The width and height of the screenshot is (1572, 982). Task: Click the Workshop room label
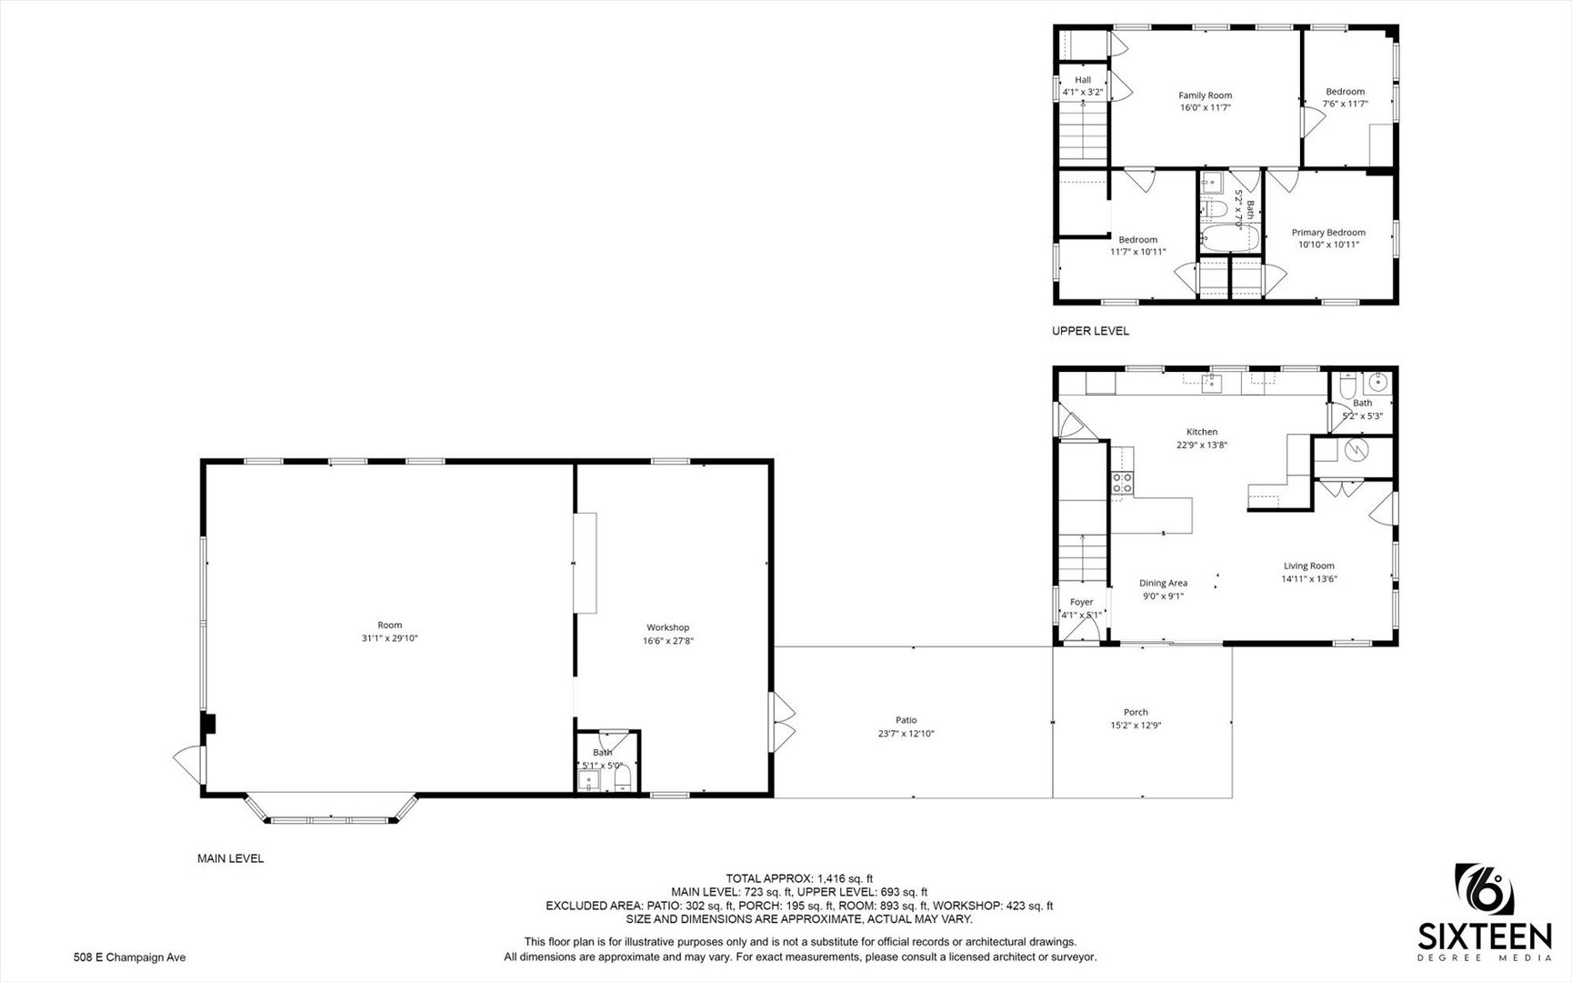[x=667, y=627]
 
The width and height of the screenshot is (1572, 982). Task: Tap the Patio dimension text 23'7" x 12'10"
[x=906, y=734]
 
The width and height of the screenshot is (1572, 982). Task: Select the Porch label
[x=1136, y=712]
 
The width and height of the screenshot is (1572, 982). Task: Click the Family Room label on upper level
[x=1205, y=95]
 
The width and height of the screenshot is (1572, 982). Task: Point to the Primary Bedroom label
[x=1328, y=233]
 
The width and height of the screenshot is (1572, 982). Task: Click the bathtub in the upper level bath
[x=1229, y=241]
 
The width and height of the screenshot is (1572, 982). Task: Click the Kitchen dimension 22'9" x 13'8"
[x=1202, y=445]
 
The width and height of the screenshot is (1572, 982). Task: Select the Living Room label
[x=1308, y=566]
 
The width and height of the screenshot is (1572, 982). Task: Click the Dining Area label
[x=1163, y=583]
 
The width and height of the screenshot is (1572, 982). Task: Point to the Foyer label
[x=1081, y=602]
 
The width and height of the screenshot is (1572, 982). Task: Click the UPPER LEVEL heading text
[x=1090, y=331]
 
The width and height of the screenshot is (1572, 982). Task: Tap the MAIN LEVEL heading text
[x=231, y=858]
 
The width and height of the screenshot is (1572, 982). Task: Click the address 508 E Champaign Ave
[x=129, y=957]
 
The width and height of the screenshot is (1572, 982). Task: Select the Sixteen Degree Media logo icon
[x=1485, y=890]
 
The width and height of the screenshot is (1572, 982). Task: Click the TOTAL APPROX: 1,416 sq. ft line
[x=799, y=878]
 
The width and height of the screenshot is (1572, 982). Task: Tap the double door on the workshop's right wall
[x=783, y=721]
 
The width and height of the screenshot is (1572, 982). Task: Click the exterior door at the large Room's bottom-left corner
[x=187, y=760]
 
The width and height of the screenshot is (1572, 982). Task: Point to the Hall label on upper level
[x=1082, y=80]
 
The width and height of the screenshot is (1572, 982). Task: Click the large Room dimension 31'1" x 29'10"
[x=389, y=638]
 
